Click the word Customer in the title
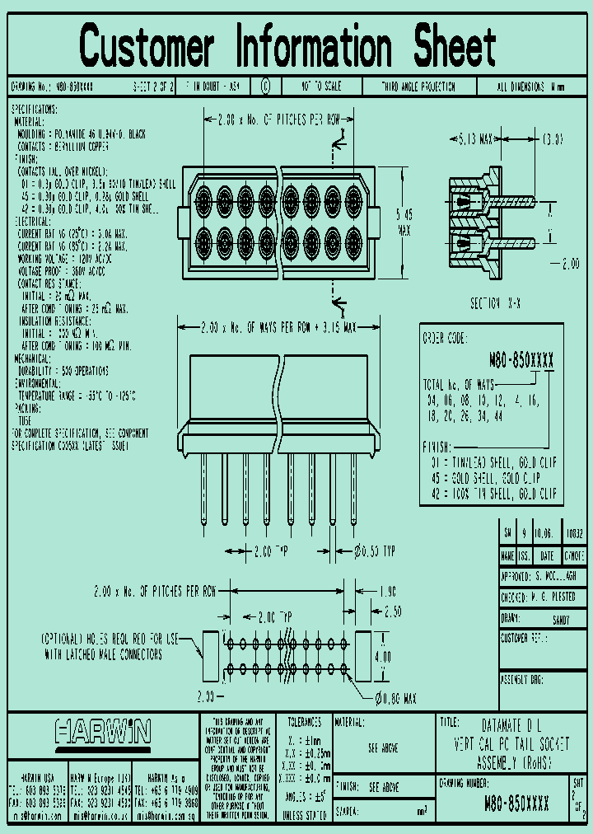(148, 46)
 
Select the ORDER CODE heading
(445, 338)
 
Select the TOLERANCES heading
(304, 721)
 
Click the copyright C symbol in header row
(265, 87)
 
